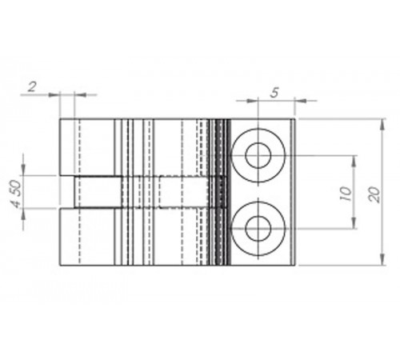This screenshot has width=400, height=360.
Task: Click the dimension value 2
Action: pos(31,86)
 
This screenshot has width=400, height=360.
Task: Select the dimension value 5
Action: pos(274,93)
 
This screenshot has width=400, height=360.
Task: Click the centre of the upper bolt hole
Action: pos(258,155)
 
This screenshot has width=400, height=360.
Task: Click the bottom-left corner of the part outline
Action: pos(60,266)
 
